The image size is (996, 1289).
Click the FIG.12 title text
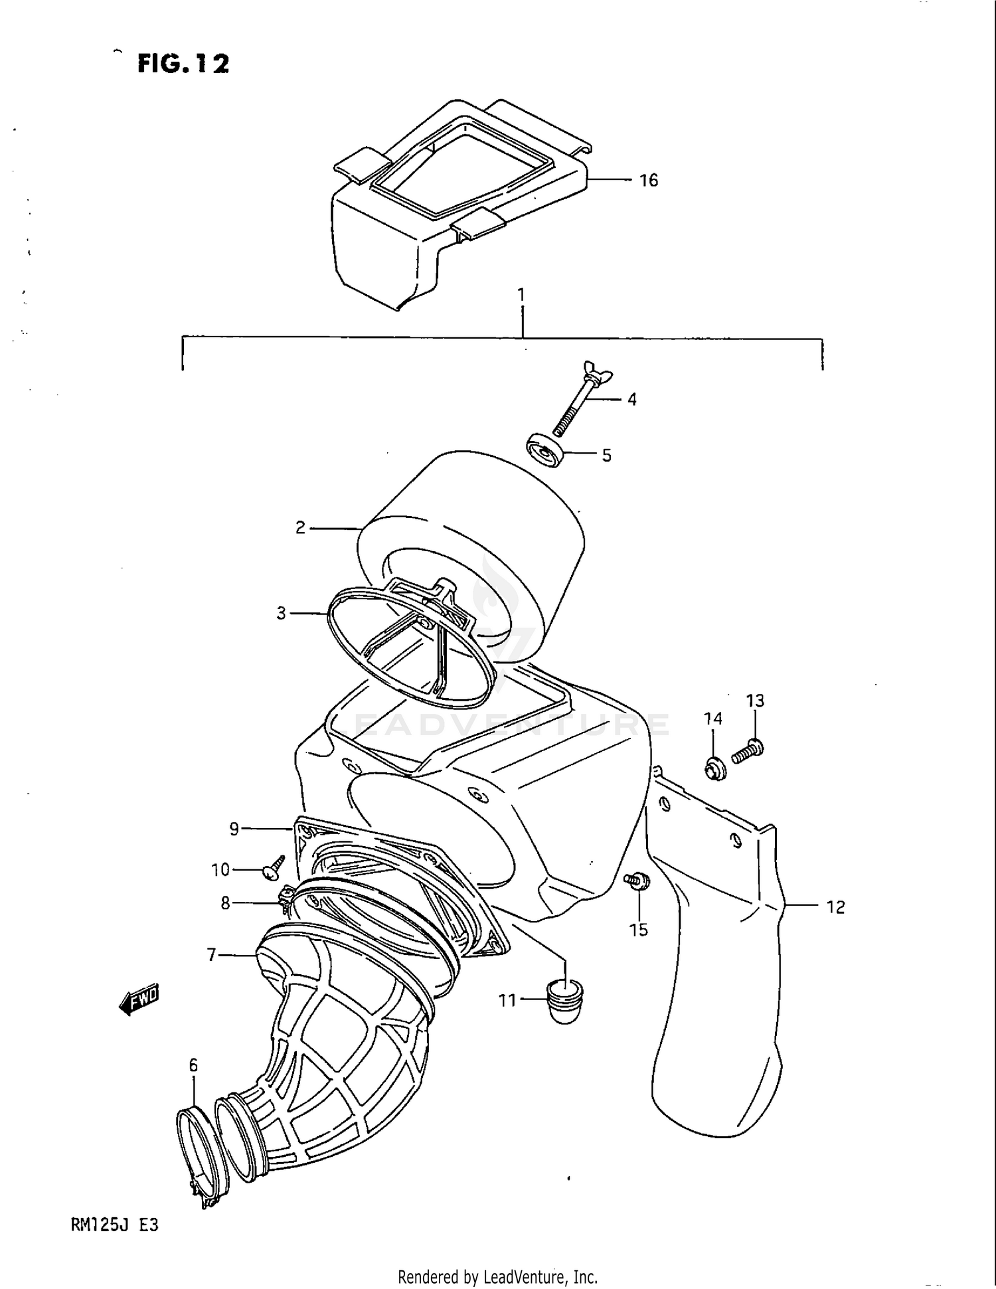[183, 64]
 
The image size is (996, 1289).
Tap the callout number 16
[648, 180]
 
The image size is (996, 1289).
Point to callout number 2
[300, 528]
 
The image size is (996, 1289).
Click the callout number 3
[282, 614]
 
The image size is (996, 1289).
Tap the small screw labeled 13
[748, 752]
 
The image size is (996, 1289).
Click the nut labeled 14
[715, 768]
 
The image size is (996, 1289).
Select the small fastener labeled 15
[637, 881]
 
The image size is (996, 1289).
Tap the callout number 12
[835, 906]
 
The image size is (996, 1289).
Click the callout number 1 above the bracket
[521, 294]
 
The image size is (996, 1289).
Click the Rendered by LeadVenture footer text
[497, 1276]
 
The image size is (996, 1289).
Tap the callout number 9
[234, 829]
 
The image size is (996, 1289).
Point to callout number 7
[212, 955]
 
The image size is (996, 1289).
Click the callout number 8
[226, 903]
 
